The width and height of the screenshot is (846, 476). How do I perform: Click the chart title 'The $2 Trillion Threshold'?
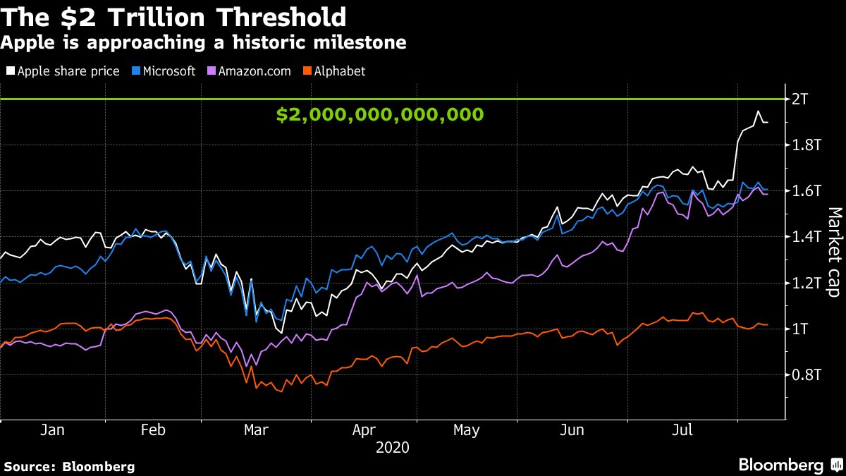[173, 17]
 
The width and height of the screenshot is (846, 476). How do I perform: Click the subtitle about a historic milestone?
[203, 42]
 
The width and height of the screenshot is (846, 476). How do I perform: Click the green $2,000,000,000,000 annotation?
[379, 115]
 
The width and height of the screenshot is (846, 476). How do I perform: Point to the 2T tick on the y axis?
[801, 99]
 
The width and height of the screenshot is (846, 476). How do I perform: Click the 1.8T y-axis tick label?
[807, 145]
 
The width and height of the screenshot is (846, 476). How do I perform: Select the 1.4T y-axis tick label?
[807, 237]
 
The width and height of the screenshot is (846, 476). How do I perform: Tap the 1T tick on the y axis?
[801, 329]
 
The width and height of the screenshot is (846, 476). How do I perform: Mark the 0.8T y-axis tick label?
[807, 375]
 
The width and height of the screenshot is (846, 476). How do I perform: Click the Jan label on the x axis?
[53, 429]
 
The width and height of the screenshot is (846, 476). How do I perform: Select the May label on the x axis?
[466, 429]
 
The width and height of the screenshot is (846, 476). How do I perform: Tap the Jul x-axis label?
[682, 429]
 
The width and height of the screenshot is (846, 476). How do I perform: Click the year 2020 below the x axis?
[392, 447]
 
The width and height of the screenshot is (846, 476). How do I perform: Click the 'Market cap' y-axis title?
[834, 252]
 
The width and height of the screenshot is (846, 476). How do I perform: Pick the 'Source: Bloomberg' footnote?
[69, 466]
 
